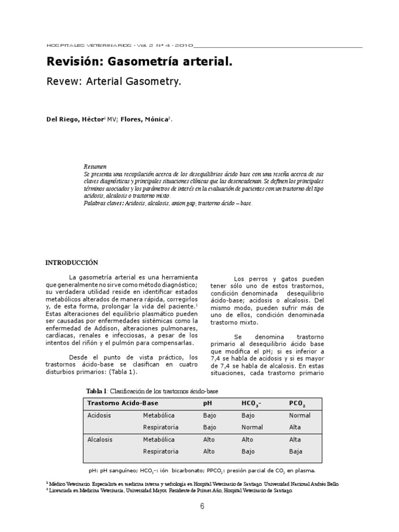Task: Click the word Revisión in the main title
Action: coord(75,62)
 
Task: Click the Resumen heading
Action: coord(95,167)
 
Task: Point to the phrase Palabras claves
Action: coord(100,204)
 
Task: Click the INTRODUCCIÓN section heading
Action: coord(72,263)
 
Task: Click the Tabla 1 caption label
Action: coord(96,391)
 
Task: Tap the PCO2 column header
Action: coord(297,404)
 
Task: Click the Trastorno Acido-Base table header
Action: coord(123,403)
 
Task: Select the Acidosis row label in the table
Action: coord(99,416)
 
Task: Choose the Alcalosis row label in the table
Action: coord(100,440)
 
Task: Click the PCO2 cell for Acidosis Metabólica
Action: coord(299,416)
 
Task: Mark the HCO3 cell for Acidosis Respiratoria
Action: coord(252,428)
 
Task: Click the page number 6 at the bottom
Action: coord(202,507)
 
